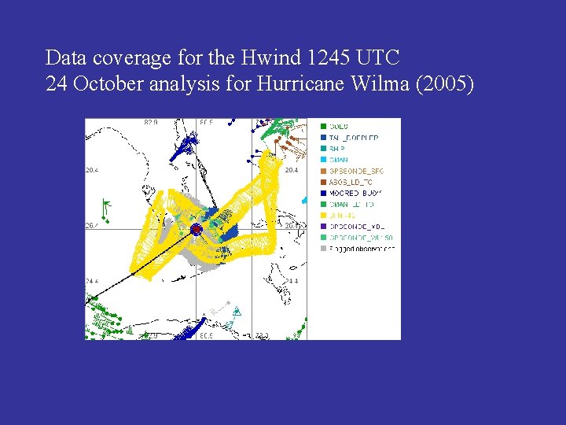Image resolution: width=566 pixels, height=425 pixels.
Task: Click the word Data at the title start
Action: [65, 57]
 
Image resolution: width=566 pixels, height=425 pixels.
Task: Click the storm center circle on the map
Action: [197, 229]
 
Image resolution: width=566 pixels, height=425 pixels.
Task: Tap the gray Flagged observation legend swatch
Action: [322, 248]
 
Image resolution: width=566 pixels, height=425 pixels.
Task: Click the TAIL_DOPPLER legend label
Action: [354, 137]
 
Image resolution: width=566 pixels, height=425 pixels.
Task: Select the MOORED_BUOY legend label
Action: [355, 193]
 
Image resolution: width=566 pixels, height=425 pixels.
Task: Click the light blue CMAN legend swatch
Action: [322, 159]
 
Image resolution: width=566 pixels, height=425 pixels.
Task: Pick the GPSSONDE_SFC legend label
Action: [357, 170]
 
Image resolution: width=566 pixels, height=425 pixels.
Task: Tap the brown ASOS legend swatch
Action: [322, 181]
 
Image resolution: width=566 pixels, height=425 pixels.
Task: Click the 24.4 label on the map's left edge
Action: [92, 281]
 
